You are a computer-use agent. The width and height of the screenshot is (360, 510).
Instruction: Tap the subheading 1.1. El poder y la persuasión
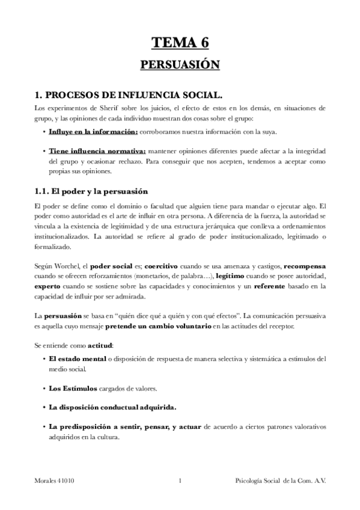(91, 192)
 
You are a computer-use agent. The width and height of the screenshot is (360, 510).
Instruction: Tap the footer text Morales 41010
(55, 481)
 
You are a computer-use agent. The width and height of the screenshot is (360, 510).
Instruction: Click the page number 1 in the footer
(180, 481)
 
